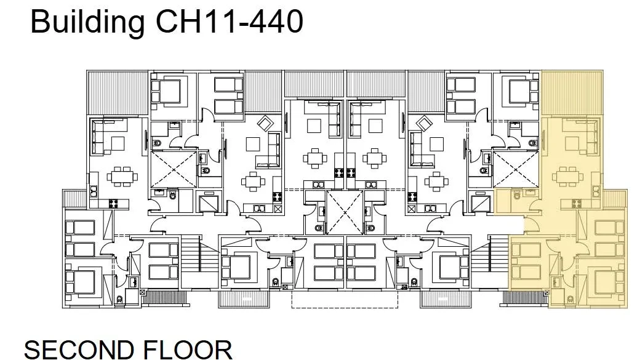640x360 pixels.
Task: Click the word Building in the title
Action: pyautogui.click(x=87, y=22)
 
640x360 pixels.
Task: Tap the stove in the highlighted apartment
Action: pyautogui.click(x=577, y=204)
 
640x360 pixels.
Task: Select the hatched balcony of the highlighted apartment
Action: pyautogui.click(x=572, y=93)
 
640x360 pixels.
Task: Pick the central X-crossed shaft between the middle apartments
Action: pyautogui.click(x=345, y=212)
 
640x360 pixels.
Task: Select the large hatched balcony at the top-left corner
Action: pyautogui.click(x=118, y=93)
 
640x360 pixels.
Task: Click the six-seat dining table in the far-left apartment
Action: pyautogui.click(x=122, y=177)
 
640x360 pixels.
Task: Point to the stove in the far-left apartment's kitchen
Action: pyautogui.click(x=113, y=203)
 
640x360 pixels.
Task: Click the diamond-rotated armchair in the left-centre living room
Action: pyautogui.click(x=266, y=123)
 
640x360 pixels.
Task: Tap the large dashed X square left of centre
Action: pyautogui.click(x=174, y=169)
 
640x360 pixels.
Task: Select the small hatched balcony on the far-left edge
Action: pyautogui.click(x=74, y=198)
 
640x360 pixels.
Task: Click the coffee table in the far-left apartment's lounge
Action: pyautogui.click(x=117, y=143)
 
